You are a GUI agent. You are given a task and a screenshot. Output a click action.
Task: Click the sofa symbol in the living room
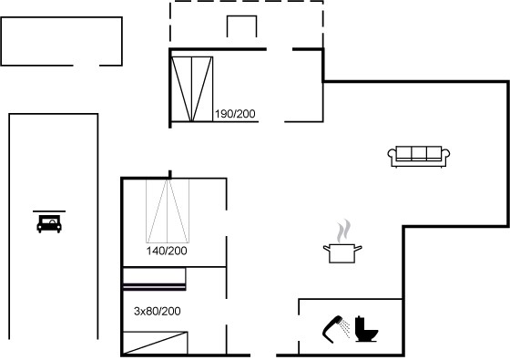[x=419, y=157]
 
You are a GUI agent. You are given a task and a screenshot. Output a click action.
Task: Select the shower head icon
[x=332, y=329]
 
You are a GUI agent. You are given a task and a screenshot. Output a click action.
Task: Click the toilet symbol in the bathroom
[x=366, y=329]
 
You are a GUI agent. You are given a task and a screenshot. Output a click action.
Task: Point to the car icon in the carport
[x=49, y=223]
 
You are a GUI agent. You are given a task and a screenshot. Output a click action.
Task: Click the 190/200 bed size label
[x=235, y=114]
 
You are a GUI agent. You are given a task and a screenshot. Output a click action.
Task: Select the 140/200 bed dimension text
[x=167, y=251]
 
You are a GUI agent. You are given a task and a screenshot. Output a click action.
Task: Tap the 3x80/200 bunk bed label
[x=157, y=311]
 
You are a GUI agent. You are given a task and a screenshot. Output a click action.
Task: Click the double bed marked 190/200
[x=192, y=89]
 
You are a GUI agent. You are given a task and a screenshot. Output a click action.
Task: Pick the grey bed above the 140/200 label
[x=168, y=211]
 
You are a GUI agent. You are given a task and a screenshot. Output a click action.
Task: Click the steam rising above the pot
[x=343, y=231]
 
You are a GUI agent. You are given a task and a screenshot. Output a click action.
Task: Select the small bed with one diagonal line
[x=155, y=343]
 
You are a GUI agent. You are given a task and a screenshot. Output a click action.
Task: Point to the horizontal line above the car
[x=49, y=211]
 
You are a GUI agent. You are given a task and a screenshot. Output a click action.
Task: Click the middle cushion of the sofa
[x=419, y=152]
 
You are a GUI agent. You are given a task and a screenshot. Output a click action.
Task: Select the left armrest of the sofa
[x=392, y=154]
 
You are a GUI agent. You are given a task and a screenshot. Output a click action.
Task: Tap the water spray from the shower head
[x=345, y=327]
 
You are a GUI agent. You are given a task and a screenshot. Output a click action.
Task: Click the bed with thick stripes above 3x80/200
[x=154, y=279]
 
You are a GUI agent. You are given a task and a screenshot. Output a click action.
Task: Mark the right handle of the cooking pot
[x=358, y=249]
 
